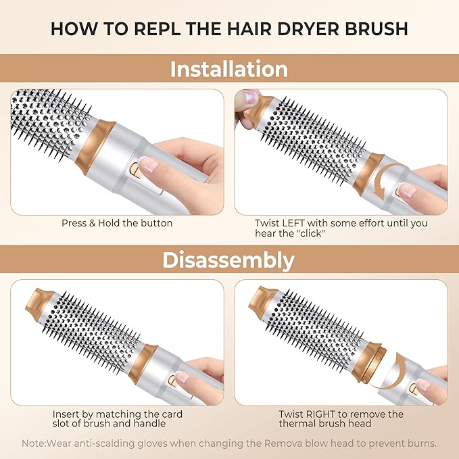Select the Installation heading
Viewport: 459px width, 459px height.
(229, 69)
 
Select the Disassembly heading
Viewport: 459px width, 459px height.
(228, 260)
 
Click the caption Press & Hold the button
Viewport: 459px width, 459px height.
(118, 223)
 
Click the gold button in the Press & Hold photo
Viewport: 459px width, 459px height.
(135, 171)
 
